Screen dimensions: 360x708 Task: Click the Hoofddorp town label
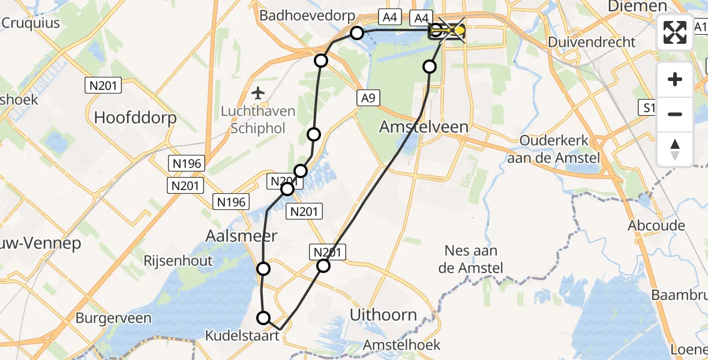click(x=135, y=117)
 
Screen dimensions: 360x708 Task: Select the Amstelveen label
click(x=424, y=127)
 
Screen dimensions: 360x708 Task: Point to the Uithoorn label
click(x=383, y=314)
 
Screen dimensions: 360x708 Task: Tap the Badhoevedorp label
click(x=307, y=16)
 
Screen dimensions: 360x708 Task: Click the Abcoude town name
click(x=656, y=226)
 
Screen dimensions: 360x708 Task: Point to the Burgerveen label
click(x=113, y=318)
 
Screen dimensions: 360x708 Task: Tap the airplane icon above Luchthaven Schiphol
click(x=258, y=93)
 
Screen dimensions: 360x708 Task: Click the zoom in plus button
click(x=675, y=79)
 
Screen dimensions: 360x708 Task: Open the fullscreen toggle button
click(x=675, y=32)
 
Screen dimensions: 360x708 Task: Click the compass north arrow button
click(x=675, y=149)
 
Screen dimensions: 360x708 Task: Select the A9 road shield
click(x=368, y=98)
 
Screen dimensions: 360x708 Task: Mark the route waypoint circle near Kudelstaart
click(x=263, y=318)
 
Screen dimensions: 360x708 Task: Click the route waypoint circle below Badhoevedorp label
click(x=357, y=32)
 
